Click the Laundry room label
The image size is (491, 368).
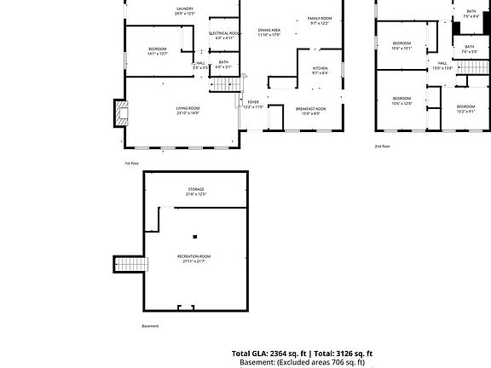coord(185,10)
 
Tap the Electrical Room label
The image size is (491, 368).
coord(224,35)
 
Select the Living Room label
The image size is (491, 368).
coord(188,110)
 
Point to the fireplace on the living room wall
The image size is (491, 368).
coord(120,112)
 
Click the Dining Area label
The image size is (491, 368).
coord(269,32)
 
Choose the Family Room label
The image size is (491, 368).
coord(320,20)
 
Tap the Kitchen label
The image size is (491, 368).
coord(320,70)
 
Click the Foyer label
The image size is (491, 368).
coord(253,104)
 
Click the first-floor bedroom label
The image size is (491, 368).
coord(157,50)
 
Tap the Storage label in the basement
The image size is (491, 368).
coord(196,191)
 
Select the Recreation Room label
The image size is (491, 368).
coord(194,258)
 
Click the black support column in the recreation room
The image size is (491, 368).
coord(195,236)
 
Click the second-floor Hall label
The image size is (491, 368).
coord(443,65)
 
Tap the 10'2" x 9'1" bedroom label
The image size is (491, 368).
coord(465,108)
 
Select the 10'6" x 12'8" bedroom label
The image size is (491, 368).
coord(401,101)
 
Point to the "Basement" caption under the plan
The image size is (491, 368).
coord(150,325)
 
